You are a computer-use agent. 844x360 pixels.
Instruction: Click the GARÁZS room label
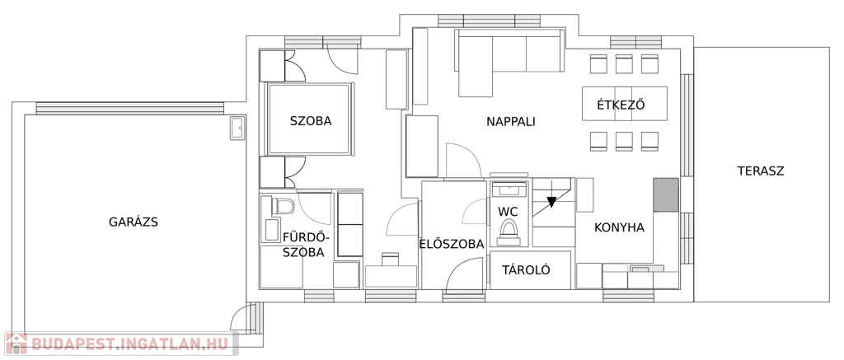(x=133, y=222)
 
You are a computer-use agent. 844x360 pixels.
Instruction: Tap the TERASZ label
(x=760, y=171)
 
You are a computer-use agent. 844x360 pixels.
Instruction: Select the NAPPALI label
(x=510, y=122)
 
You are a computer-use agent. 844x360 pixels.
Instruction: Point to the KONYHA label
(x=619, y=227)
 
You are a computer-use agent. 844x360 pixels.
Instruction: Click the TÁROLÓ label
(x=525, y=270)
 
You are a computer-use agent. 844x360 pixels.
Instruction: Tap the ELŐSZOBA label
(x=451, y=244)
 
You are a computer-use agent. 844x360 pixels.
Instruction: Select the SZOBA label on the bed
(x=311, y=121)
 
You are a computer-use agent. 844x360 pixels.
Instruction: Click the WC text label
(x=508, y=212)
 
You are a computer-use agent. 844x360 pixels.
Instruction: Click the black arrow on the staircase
(x=551, y=200)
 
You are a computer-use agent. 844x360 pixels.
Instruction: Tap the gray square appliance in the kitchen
(x=666, y=194)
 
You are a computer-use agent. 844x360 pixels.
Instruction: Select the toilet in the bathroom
(x=283, y=206)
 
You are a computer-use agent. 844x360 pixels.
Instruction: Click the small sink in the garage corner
(x=237, y=128)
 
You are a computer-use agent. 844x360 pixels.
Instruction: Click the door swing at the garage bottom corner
(x=244, y=316)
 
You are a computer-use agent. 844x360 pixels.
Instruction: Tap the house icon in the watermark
(x=15, y=344)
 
